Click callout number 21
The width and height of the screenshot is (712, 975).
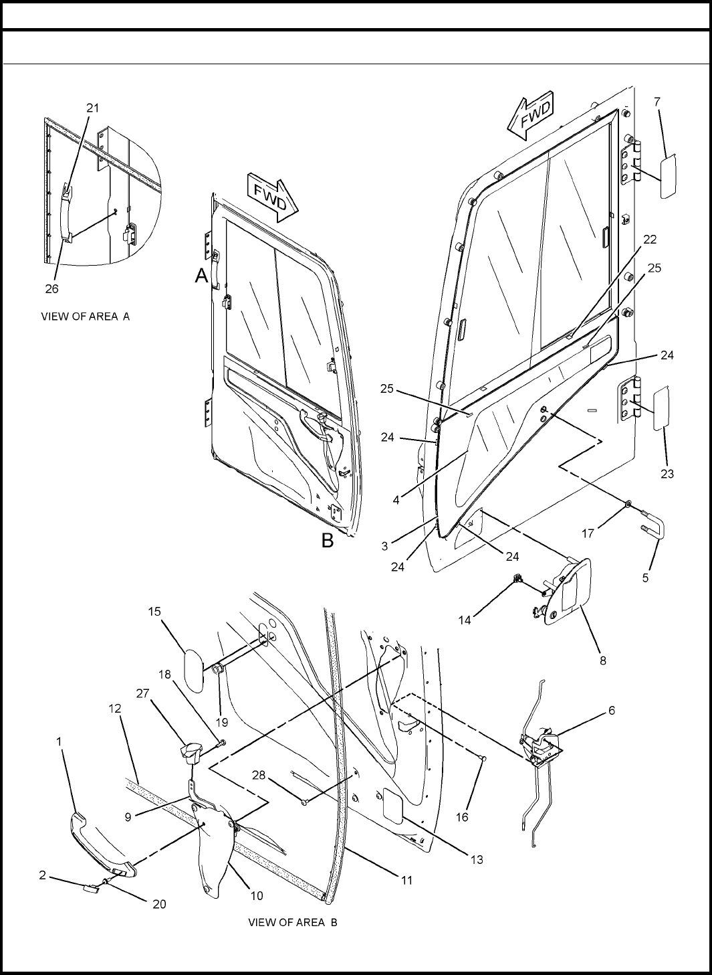pyautogui.click(x=92, y=108)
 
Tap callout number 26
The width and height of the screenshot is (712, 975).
pyautogui.click(x=51, y=288)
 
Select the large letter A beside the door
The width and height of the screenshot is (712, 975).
pyautogui.click(x=202, y=275)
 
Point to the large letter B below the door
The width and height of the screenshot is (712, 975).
pyautogui.click(x=328, y=540)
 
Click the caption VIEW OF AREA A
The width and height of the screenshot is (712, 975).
pyautogui.click(x=86, y=317)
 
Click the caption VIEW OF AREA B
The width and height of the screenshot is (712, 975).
pyautogui.click(x=293, y=922)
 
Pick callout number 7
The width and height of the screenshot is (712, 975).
pyautogui.click(x=657, y=101)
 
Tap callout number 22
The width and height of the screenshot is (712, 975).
pyautogui.click(x=650, y=240)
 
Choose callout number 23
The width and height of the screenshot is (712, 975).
pyautogui.click(x=667, y=474)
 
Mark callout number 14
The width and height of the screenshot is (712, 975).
pyautogui.click(x=464, y=620)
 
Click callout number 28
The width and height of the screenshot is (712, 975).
pyautogui.click(x=259, y=774)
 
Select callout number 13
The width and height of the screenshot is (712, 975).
pyautogui.click(x=476, y=859)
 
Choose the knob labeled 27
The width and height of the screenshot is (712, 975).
pyautogui.click(x=191, y=751)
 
